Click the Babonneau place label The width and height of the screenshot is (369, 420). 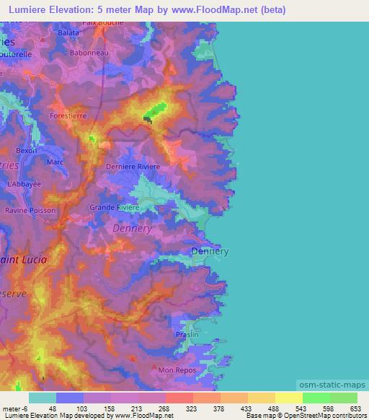(89, 53)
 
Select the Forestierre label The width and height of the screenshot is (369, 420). (68, 115)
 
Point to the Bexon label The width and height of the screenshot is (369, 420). (26, 151)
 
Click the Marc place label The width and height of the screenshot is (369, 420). (55, 162)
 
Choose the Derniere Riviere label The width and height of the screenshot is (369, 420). (133, 167)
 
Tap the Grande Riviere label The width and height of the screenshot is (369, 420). (114, 207)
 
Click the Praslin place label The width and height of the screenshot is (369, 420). (187, 335)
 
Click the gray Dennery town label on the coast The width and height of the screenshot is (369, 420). (210, 251)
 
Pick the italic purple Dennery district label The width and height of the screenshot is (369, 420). (133, 229)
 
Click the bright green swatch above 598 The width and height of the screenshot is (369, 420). (316, 398)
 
